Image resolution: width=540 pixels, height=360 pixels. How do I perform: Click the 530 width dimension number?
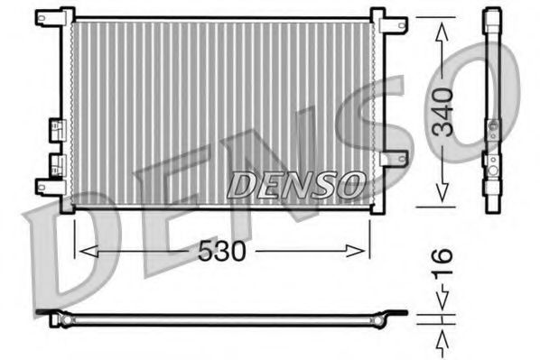coord(222,252)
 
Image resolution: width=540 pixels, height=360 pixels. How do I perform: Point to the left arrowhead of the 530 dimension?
coord(79,251)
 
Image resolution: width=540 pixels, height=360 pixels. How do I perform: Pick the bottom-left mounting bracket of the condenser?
coord(47,187)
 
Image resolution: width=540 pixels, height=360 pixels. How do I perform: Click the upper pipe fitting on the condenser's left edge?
coord(58,128)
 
